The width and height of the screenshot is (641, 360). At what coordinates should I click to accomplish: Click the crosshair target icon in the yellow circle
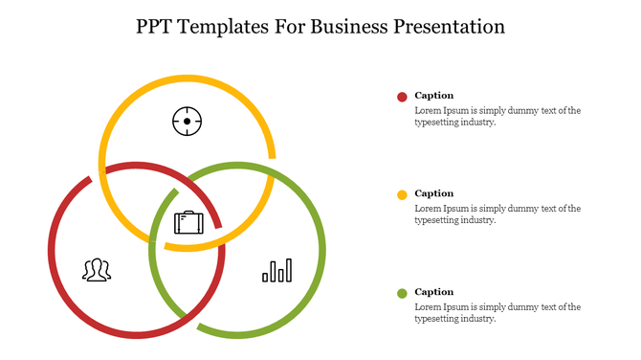pos(187,122)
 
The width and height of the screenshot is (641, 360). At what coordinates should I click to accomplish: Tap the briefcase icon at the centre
pos(188,223)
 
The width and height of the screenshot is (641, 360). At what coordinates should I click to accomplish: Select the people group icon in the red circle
pos(96,270)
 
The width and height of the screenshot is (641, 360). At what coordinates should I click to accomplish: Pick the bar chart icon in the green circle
pos(277,271)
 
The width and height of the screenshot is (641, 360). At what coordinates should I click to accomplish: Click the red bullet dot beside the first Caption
pos(402,97)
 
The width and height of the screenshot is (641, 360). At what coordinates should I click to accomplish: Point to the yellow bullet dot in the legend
pos(402,195)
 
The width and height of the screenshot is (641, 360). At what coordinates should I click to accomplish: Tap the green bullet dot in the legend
pos(402,293)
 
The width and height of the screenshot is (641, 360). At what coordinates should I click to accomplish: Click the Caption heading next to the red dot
pos(434,96)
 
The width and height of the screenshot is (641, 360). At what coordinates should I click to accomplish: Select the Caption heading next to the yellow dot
pos(434,193)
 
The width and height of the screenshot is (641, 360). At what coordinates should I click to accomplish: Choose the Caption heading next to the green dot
pos(434,292)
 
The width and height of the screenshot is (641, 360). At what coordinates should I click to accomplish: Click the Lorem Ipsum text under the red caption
pos(497,116)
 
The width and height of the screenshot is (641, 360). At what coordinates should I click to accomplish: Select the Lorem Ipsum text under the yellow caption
pos(497,214)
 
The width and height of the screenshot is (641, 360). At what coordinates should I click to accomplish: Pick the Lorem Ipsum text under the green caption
pos(497,312)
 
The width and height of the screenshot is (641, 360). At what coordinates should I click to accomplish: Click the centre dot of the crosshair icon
pos(187,122)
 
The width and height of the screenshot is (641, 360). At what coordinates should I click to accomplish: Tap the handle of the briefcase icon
pos(188,213)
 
